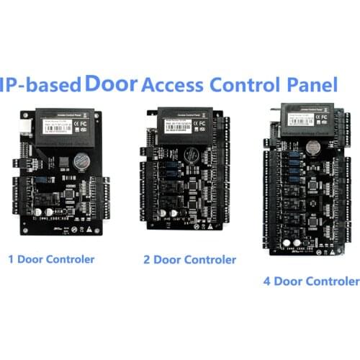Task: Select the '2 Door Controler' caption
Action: pyautogui.click(x=189, y=259)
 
